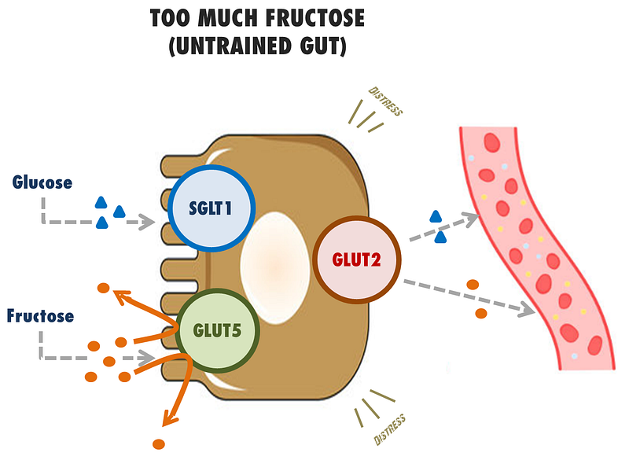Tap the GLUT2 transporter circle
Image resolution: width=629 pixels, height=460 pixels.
[x=358, y=259]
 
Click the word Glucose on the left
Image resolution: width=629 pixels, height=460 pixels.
[x=42, y=182]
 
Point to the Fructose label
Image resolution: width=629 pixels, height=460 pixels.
[x=41, y=316]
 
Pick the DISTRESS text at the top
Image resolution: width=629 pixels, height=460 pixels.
[x=384, y=101]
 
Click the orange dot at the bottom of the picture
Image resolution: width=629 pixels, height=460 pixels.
[x=159, y=443]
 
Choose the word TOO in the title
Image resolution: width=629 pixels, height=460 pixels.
[x=171, y=18]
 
